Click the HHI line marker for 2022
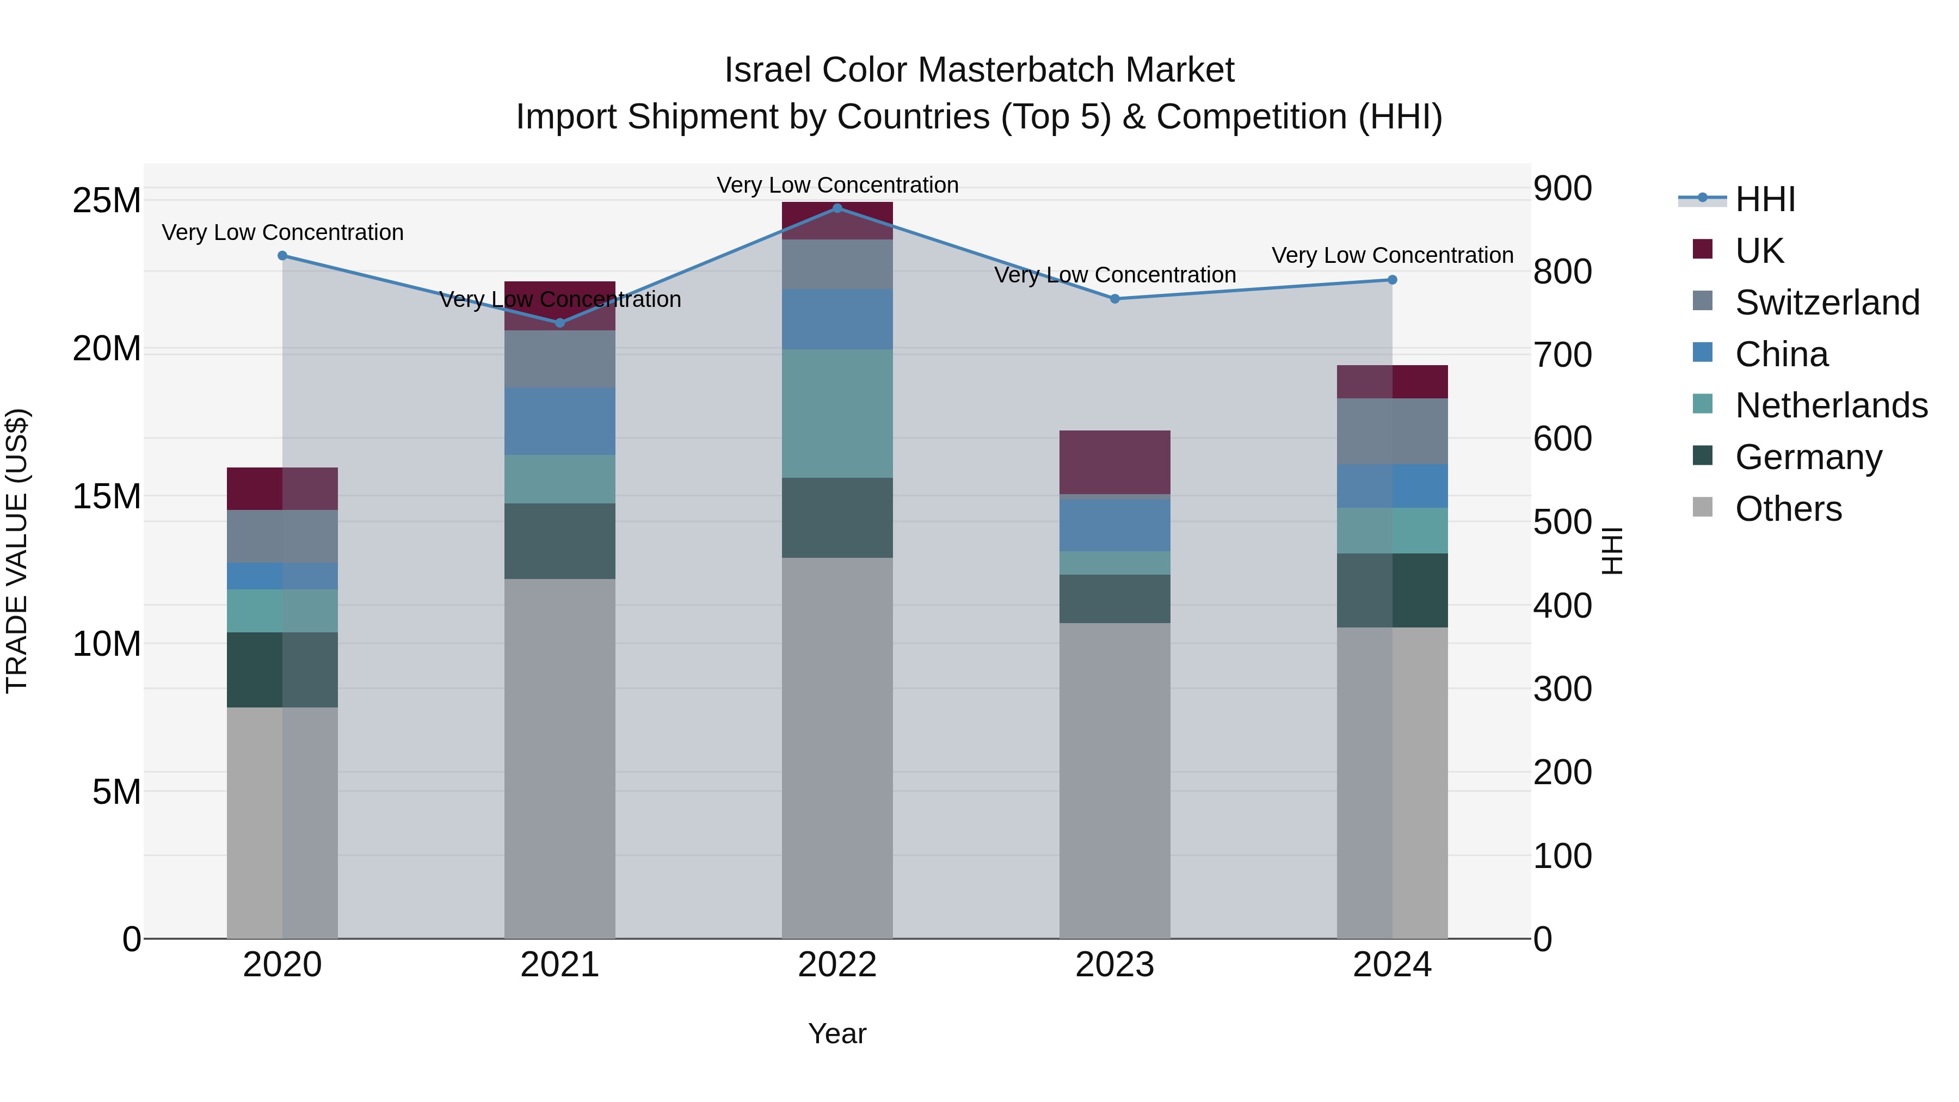tap(837, 208)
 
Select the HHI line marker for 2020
tap(282, 256)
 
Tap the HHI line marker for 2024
tap(1393, 280)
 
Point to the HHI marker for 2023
tap(1115, 299)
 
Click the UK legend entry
tap(1759, 251)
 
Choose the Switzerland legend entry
tap(1827, 303)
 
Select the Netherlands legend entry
tap(1831, 405)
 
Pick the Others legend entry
tap(1788, 509)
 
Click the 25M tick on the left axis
tap(107, 201)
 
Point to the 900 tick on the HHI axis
tap(1562, 189)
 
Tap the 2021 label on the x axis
tap(560, 965)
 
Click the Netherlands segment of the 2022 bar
tap(837, 414)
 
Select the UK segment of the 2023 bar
tap(1115, 463)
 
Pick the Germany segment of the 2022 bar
tap(837, 518)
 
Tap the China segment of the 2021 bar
tap(560, 421)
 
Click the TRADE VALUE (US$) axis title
tap(17, 551)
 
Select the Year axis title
tap(837, 1033)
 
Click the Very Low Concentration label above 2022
tap(837, 185)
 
